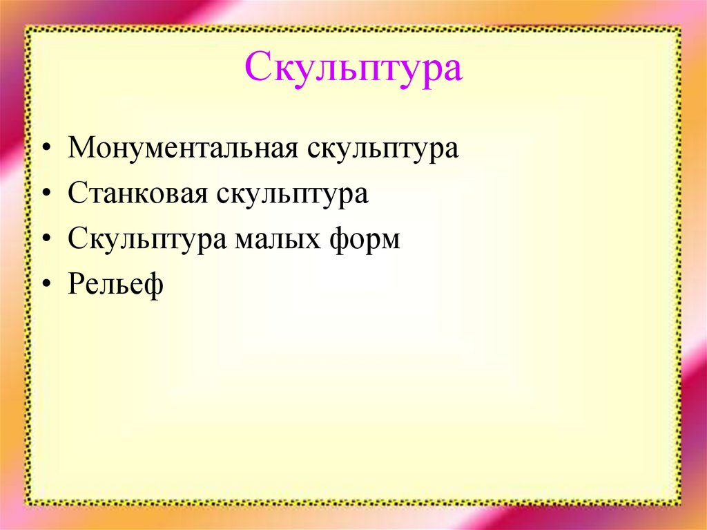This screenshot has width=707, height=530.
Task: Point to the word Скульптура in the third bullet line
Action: [148, 240]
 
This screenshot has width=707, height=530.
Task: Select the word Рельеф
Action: [115, 285]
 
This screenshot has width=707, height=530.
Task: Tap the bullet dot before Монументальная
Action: [46, 150]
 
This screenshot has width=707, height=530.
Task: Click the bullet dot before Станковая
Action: [46, 196]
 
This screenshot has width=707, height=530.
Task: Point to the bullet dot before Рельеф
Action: [46, 286]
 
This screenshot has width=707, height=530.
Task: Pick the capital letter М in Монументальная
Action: [80, 149]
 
